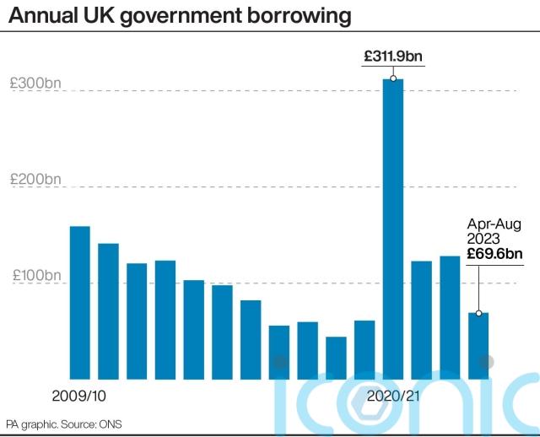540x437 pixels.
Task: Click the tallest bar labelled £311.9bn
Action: tap(393, 228)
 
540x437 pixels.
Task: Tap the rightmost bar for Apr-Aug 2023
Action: tap(478, 346)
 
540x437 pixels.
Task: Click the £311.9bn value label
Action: tap(393, 57)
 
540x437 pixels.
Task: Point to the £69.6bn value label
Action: tap(495, 254)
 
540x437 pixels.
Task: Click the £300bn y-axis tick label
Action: tap(35, 84)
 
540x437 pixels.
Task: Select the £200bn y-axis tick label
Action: tap(35, 180)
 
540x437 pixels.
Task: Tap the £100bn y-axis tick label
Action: tap(35, 276)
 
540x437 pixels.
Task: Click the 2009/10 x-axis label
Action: tap(78, 395)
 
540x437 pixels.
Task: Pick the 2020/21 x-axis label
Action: tap(393, 395)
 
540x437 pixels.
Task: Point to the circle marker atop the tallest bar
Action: tap(393, 79)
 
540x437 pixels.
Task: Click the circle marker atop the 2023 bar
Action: tap(478, 313)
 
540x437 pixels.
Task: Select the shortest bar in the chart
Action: tap(336, 358)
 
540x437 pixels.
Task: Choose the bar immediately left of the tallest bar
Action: tap(364, 349)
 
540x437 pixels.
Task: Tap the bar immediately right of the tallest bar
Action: tap(422, 320)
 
